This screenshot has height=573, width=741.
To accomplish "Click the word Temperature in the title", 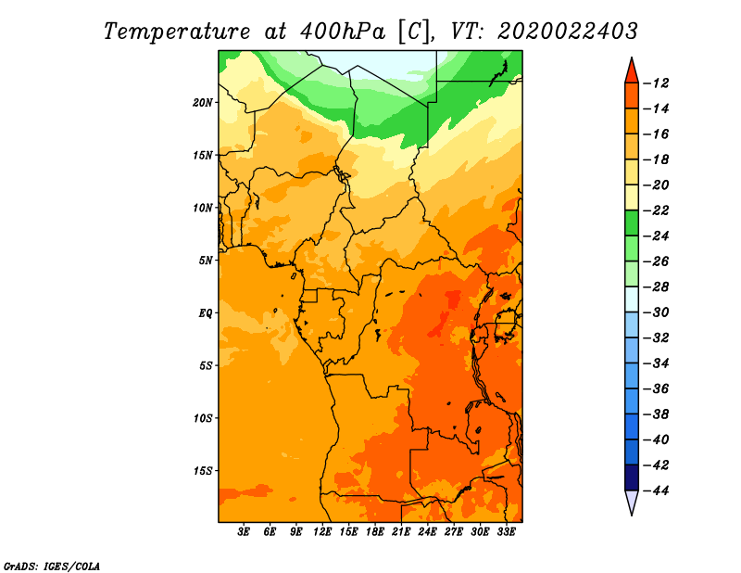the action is [x=177, y=32].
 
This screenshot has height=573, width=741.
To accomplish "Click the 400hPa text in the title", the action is [x=342, y=32].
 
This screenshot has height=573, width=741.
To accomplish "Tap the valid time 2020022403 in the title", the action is [x=568, y=32].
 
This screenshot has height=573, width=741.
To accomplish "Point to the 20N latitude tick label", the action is [x=203, y=103].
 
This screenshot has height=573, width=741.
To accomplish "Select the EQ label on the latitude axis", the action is [x=205, y=313].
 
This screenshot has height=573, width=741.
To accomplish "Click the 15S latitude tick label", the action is [x=203, y=471].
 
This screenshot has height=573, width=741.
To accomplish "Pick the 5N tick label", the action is [x=206, y=261].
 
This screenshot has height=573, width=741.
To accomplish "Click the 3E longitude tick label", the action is [x=244, y=532].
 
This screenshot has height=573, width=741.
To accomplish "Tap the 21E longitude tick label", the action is [x=401, y=532].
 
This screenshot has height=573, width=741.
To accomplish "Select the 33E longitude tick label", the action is [x=506, y=532].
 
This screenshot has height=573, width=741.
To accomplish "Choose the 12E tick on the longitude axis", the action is [x=322, y=532].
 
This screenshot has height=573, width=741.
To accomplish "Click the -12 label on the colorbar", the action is [x=657, y=83].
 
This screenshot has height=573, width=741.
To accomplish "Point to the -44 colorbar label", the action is [x=657, y=490].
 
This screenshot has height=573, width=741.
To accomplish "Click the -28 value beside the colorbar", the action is [x=657, y=286].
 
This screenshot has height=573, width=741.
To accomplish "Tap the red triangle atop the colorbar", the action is [x=632, y=71].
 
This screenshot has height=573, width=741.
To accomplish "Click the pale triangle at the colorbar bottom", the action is [x=632, y=501].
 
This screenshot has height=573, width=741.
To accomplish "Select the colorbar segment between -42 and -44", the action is [x=632, y=477].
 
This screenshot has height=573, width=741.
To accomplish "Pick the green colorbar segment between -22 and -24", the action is [x=632, y=223].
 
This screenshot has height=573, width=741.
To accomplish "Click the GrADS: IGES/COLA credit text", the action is [x=52, y=567].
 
